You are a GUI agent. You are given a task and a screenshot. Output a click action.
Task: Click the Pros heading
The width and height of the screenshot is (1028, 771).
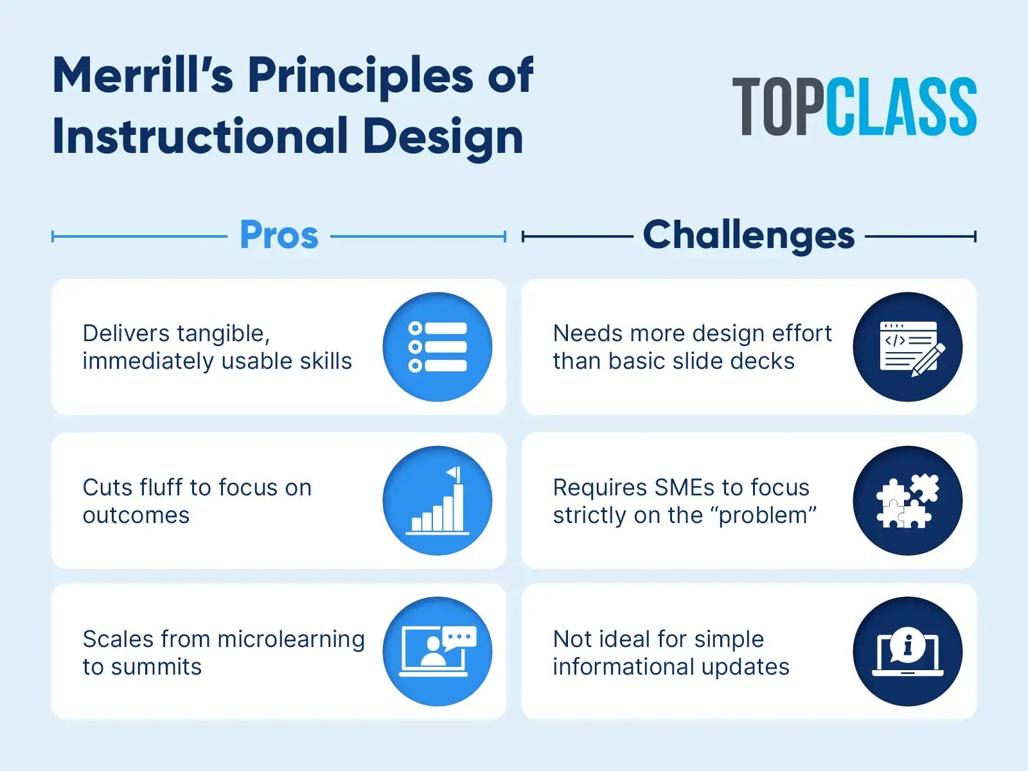(279, 235)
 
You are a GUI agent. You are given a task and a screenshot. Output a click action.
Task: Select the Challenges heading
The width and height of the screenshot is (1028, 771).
(749, 235)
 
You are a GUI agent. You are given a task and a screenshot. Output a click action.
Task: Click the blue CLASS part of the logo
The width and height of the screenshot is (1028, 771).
(901, 107)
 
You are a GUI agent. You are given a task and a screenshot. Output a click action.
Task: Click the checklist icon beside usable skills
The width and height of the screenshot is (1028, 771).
(437, 347)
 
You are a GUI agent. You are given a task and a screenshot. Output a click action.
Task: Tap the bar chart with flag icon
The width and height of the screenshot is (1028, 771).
(437, 501)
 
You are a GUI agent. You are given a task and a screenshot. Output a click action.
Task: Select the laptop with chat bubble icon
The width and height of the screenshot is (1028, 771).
(437, 651)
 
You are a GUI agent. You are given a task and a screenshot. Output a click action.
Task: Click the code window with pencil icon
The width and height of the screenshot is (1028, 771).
(907, 347)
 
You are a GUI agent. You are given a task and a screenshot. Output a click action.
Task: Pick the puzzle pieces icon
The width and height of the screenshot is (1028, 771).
(907, 501)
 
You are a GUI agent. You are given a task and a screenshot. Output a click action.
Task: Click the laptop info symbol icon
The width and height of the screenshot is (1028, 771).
(907, 651)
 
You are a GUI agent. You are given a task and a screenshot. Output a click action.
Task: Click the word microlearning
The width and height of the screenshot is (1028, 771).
(291, 639)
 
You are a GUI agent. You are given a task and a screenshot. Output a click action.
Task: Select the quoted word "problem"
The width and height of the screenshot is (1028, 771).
(768, 515)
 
